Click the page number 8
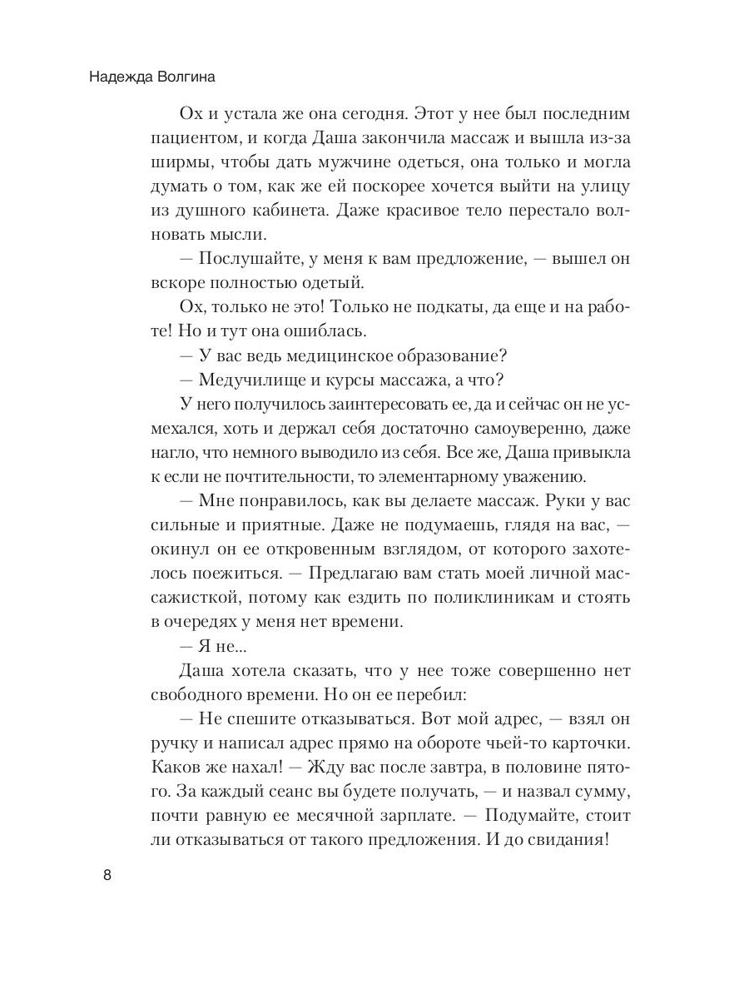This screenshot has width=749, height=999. pos(107,875)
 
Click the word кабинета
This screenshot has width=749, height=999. pos(290,211)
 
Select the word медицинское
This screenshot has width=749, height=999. pos(333,355)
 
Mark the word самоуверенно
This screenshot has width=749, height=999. pos(486,429)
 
